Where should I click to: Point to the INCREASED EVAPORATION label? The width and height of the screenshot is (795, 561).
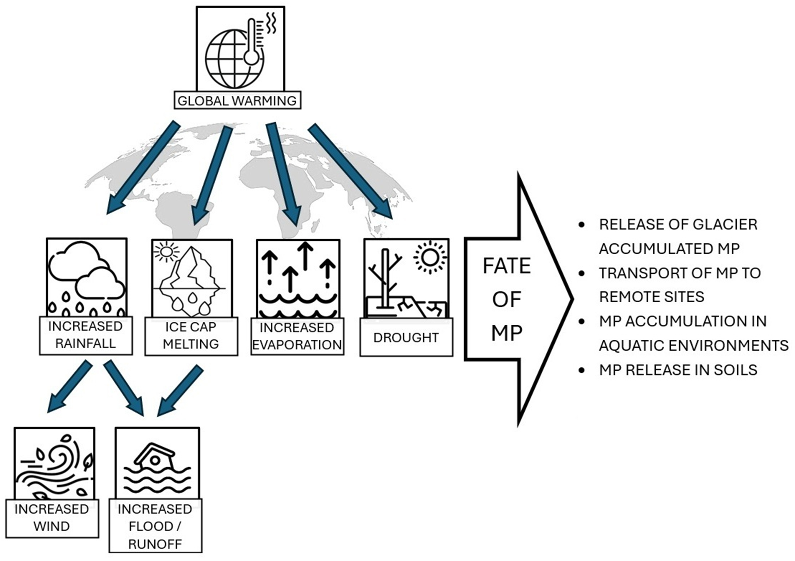coord(297,336)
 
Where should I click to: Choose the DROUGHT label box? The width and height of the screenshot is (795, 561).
coord(406,337)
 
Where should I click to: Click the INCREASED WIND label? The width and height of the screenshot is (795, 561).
coord(52,518)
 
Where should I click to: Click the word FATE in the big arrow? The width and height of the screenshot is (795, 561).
coord(507,266)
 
